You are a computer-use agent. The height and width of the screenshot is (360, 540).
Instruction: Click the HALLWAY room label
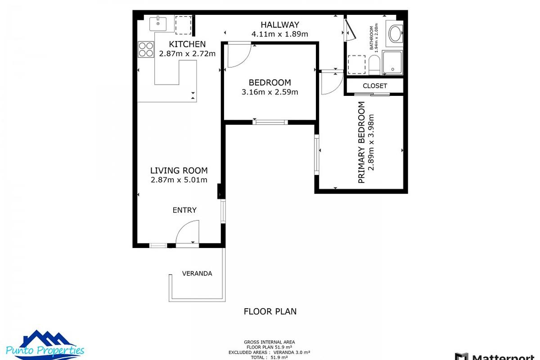280,25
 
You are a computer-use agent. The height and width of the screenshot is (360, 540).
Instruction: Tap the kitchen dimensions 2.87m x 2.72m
187,54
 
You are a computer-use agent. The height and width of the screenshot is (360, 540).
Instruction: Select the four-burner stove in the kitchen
146,49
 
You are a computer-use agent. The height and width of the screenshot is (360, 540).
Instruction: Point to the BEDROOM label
270,82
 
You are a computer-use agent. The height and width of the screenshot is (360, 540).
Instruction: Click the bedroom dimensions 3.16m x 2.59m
270,92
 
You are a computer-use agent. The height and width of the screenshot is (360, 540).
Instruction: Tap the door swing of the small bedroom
238,54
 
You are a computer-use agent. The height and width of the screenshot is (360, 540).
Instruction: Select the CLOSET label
375,85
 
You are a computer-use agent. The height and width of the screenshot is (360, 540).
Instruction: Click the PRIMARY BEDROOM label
361,142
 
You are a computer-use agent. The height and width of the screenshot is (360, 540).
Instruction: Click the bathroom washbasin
396,33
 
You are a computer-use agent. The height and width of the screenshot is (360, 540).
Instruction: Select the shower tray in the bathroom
392,63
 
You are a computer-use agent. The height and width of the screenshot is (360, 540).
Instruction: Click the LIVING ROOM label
179,171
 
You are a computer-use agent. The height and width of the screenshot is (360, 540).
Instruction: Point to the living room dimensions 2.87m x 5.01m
179,180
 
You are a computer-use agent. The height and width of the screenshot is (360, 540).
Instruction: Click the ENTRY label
184,210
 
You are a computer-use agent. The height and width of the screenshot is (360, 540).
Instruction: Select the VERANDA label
197,273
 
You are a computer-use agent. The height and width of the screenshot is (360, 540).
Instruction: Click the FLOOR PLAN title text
270,311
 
